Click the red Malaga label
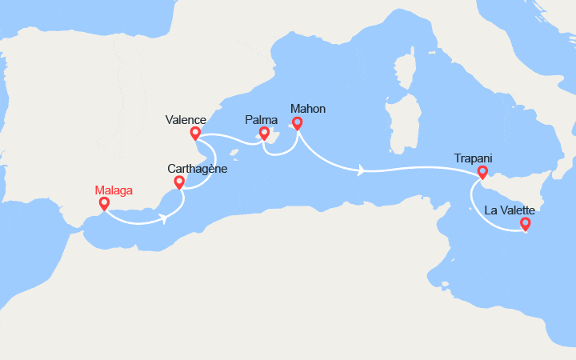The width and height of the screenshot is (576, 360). tap(113, 190)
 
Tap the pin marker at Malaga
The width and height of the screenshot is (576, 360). tap(104, 203)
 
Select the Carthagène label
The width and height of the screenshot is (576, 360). tap(198, 169)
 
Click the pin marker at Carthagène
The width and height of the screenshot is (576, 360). tap(179, 182)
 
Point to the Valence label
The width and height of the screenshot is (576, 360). tap(186, 120)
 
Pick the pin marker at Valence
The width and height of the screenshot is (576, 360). tap(195, 133)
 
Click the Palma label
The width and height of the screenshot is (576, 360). tap(261, 120)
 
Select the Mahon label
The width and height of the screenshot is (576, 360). tap(308, 109)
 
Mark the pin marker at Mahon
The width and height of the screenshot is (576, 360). tap(298, 122)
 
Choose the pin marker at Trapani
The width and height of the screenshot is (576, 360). tap(482, 171)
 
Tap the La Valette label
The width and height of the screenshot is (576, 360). tap(509, 210)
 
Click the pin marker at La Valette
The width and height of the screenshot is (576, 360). tap(525, 224)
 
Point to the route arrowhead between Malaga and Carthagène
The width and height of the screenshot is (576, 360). tap(163, 218)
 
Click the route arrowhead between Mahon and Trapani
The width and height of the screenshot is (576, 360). tap(362, 170)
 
